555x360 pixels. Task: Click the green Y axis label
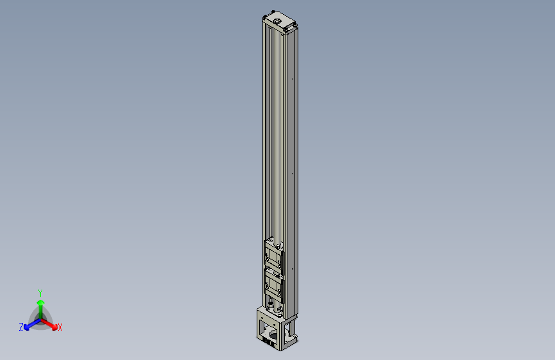coord(40,291)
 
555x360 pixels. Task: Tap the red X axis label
coord(60,327)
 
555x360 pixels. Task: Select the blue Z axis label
coord(21,327)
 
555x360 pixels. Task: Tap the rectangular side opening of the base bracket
coord(291,329)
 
